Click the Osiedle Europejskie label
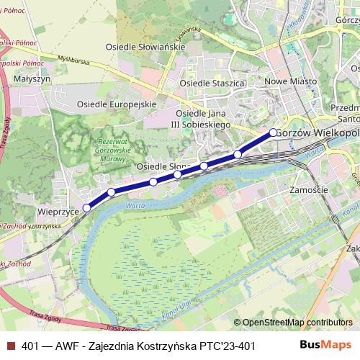tap(116, 104)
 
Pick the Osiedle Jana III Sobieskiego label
tap(199, 120)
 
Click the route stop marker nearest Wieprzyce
tap(86, 207)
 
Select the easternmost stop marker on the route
tap(273, 132)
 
